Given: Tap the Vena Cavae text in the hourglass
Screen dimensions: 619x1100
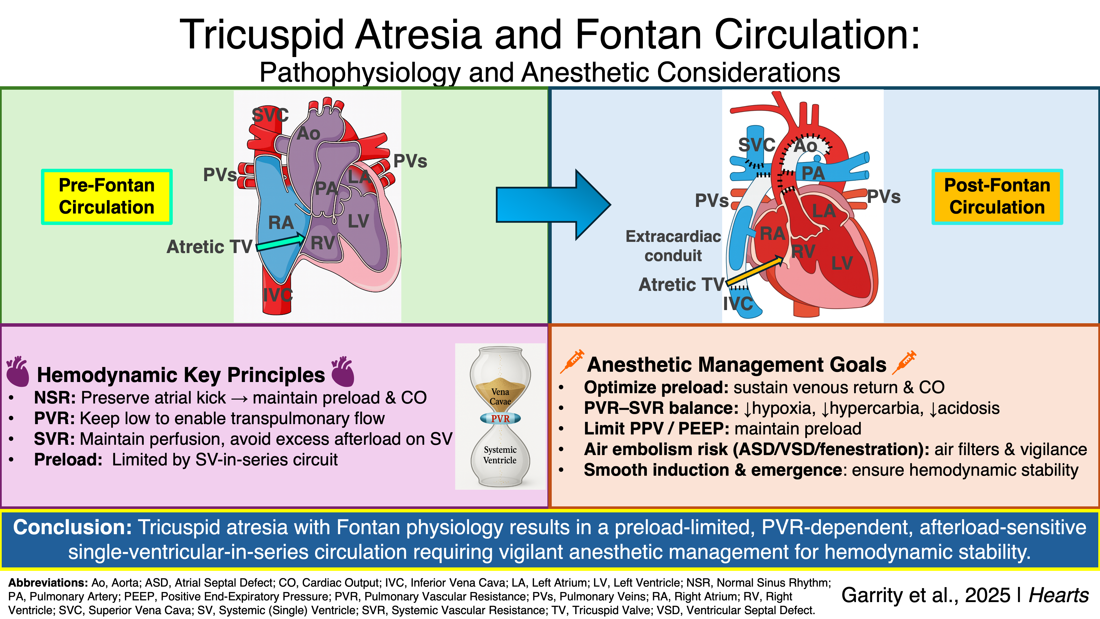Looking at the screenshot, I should pyautogui.click(x=500, y=396).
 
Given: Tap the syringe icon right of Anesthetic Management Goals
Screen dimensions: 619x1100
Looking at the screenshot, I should pyautogui.click(x=904, y=362).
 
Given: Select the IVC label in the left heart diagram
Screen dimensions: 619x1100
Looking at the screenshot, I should pyautogui.click(x=278, y=295).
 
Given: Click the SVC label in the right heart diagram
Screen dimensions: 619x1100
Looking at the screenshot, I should pyautogui.click(x=757, y=145).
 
